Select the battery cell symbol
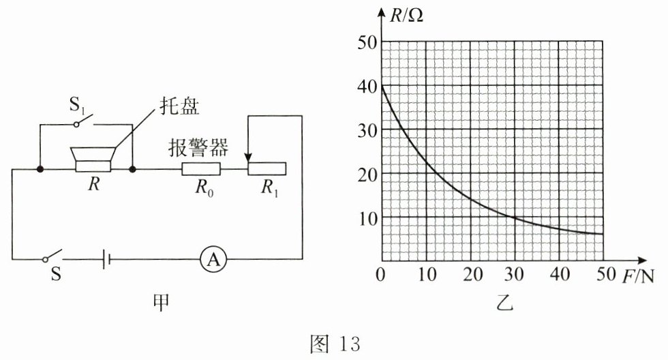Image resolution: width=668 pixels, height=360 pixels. pos(104,259)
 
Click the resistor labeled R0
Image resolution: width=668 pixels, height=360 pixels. pos(201,168)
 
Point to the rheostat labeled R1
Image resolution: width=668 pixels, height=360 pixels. pos(267,168)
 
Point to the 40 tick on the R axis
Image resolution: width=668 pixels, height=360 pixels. pos(366,86)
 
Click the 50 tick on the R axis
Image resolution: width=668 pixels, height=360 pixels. pos(366,42)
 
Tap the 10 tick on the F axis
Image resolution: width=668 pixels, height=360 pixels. pos(426,275)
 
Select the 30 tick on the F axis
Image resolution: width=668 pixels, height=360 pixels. pos(514,275)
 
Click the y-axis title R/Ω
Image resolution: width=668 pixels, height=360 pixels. pos(407,15)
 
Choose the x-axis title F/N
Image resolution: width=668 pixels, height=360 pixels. pos(638,275)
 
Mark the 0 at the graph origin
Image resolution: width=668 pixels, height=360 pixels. pos(381,275)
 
